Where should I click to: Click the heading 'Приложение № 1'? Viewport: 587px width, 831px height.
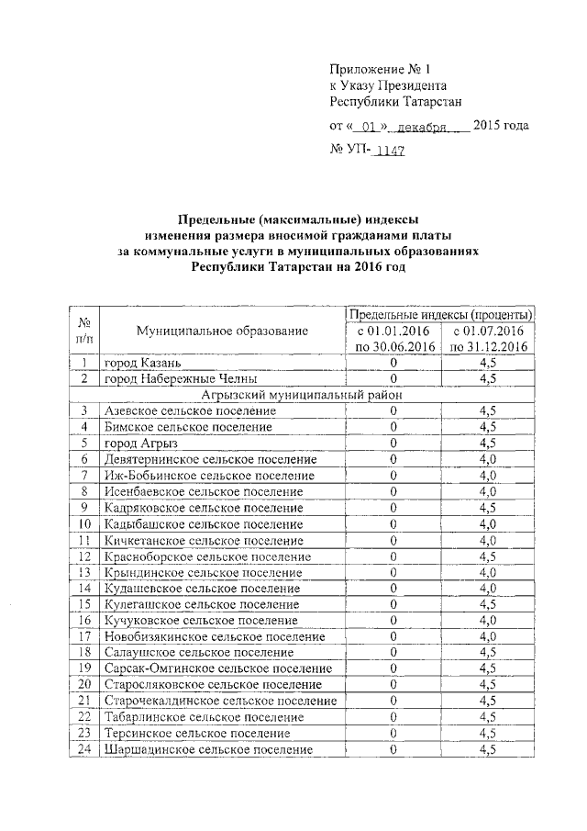[x=379, y=69]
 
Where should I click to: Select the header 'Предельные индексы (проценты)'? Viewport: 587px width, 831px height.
[x=441, y=315]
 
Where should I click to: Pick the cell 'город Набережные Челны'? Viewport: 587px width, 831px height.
[x=180, y=378]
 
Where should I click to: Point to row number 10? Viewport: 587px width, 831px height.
[x=83, y=523]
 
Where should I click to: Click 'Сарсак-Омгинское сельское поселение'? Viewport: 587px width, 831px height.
[x=218, y=668]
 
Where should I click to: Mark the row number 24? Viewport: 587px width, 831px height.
[x=83, y=749]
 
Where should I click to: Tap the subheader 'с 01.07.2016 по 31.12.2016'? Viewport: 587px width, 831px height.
[x=488, y=338]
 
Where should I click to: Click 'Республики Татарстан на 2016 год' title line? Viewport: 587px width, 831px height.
[x=296, y=266]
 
